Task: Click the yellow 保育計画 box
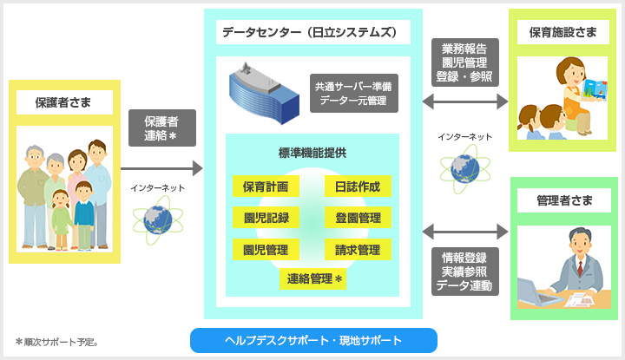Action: point(266,186)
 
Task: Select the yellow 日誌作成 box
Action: point(358,186)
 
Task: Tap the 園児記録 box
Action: point(266,218)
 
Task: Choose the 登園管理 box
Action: point(358,218)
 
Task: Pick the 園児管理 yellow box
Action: point(266,250)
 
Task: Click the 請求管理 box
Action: point(358,250)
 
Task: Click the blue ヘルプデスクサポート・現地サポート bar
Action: point(313,340)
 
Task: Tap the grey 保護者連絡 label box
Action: point(161,128)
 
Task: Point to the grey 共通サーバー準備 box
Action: point(354,94)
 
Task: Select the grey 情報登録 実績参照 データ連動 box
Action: point(464,272)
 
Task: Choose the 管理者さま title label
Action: point(565,200)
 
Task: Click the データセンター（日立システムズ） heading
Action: point(309,33)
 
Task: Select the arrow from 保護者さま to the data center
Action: point(161,167)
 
